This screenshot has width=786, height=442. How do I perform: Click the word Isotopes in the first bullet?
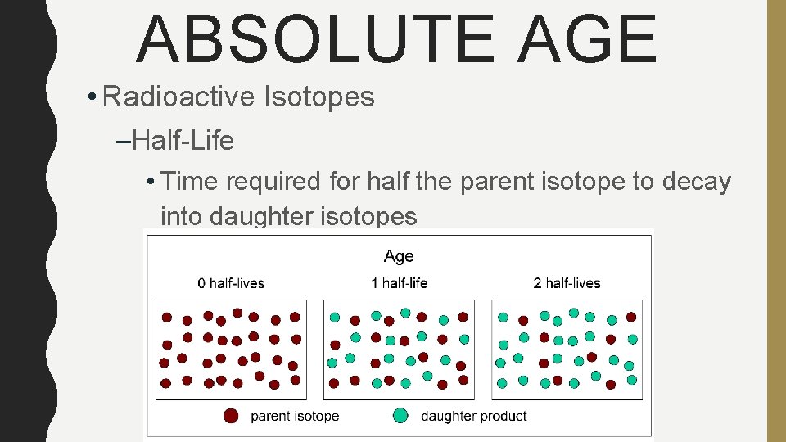point(318,97)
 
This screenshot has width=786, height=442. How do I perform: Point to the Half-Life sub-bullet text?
point(183,141)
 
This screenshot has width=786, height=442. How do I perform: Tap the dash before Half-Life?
point(124,142)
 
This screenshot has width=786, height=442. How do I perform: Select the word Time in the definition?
point(192,182)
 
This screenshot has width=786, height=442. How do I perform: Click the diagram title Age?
point(399,256)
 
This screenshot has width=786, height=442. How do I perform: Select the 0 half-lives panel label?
point(231,283)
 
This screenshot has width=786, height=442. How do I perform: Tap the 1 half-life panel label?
point(399,283)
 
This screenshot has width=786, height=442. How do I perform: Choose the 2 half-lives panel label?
point(567,283)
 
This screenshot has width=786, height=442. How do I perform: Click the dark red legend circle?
point(232,416)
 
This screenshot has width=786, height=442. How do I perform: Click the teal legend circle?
point(400,416)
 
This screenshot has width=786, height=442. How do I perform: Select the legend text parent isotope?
point(295,416)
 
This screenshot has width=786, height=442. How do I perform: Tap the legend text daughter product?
point(473,416)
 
